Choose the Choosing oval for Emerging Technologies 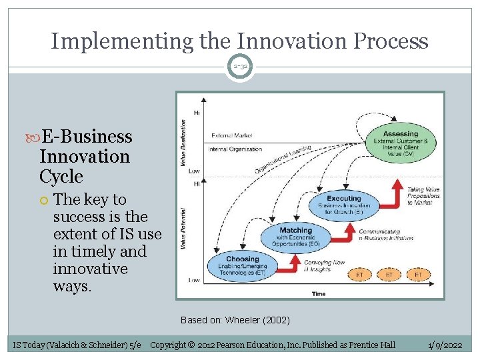[x=243, y=265]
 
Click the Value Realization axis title [x=183, y=143]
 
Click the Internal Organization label [x=236, y=149]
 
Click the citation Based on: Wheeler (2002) [x=235, y=320]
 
